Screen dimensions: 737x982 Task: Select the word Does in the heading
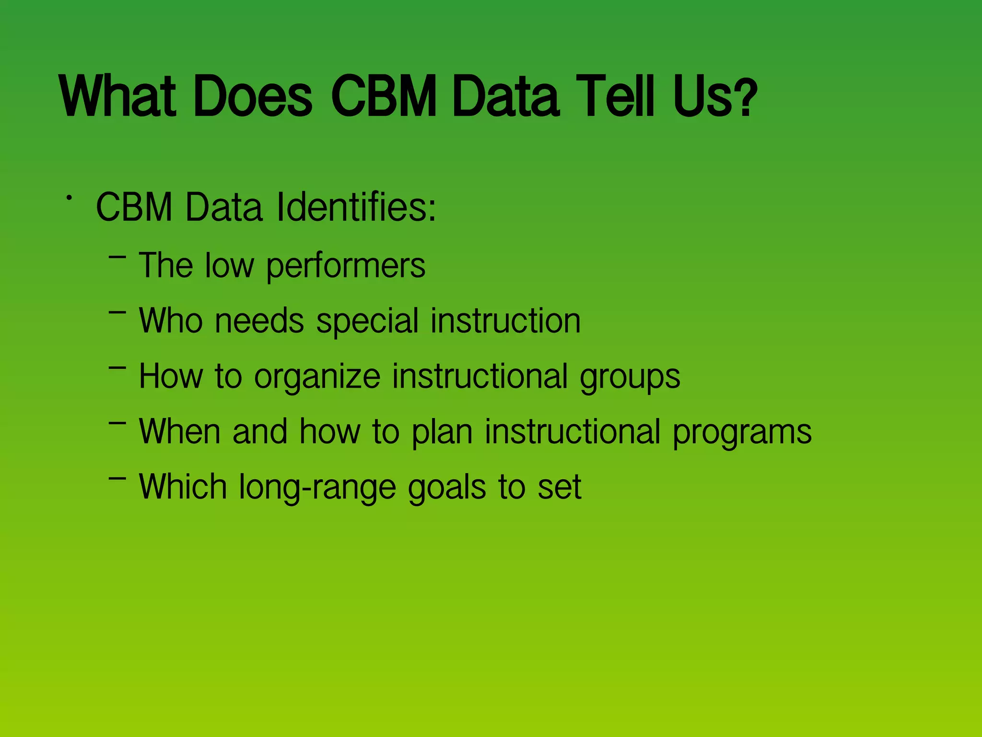(253, 96)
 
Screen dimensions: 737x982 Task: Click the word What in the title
(118, 96)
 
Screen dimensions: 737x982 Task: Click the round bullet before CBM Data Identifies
(70, 197)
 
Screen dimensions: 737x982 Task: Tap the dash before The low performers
(117, 258)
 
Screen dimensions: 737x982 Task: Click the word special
(367, 321)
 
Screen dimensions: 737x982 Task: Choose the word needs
(259, 321)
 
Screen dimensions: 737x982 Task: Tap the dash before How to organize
(117, 368)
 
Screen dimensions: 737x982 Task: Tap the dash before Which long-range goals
(117, 478)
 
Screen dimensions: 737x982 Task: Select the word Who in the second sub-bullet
(171, 321)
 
